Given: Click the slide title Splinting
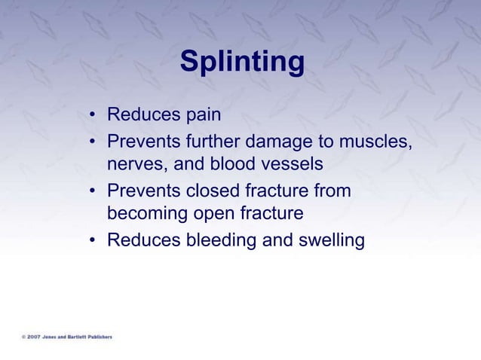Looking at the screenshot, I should [242, 63].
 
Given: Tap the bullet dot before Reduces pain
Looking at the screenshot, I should [92, 116].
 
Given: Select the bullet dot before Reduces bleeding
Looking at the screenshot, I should [92, 241].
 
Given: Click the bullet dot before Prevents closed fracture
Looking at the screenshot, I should [92, 191].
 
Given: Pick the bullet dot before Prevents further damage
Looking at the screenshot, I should [92, 142].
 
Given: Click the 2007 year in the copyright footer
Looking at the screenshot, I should [34, 337].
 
